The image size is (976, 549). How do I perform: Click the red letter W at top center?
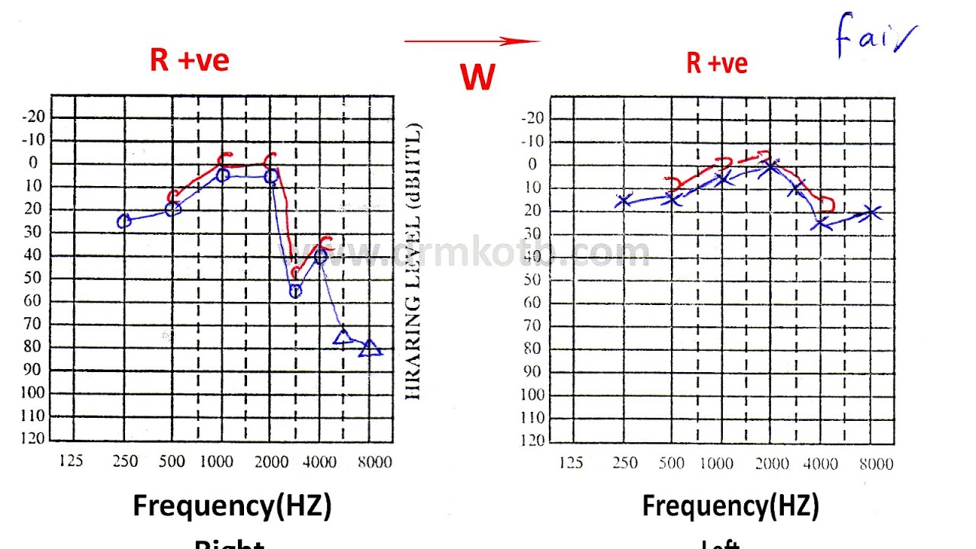point(477,77)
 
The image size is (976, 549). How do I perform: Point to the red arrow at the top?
point(472,41)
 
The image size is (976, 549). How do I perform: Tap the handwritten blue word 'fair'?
point(875,37)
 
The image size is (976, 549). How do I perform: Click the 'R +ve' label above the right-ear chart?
point(189,60)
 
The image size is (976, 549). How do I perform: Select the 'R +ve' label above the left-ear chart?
point(716,63)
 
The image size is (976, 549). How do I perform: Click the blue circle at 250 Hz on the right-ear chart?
point(124,221)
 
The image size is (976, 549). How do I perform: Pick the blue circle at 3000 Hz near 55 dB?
point(296,291)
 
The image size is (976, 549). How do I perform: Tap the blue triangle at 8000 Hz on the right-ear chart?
point(370,348)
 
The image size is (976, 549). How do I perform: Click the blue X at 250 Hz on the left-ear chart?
point(624,201)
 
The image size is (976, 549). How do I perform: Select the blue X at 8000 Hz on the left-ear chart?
point(872,213)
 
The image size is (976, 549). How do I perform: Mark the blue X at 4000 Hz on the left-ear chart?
point(820,223)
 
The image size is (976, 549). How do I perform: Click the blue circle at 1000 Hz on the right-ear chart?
point(223,175)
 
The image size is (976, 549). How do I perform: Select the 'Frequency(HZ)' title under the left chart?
point(232,506)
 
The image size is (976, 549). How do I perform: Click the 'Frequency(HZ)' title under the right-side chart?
point(730,506)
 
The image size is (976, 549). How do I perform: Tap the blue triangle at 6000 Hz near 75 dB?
point(342,336)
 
